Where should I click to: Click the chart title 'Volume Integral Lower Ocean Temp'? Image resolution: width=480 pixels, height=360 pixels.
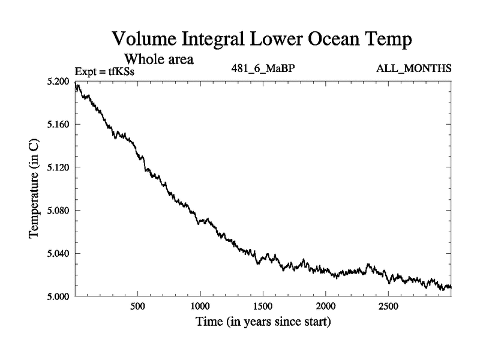pos(263,40)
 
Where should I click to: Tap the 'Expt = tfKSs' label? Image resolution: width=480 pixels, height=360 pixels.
pos(104,71)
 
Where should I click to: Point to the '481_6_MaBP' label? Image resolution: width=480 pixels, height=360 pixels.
pos(263,68)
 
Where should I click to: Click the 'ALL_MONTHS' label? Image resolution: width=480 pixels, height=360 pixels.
pos(413,68)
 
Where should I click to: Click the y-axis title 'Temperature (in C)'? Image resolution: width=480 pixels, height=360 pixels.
pos(35,188)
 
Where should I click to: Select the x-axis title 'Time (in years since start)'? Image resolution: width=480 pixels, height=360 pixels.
pos(263,322)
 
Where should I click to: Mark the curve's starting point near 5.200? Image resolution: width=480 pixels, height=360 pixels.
pos(76,85)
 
